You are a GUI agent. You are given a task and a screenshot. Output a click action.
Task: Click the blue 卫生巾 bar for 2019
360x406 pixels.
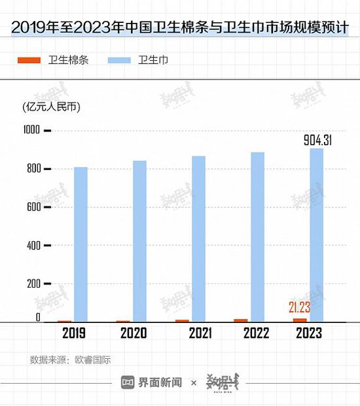click(x=81, y=245)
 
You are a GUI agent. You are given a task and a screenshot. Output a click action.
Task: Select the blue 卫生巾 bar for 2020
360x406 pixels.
click(x=139, y=241)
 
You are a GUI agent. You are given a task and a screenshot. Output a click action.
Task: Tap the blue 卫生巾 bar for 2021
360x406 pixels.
click(x=198, y=239)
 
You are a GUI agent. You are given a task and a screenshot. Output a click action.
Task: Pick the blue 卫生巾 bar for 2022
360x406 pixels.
click(x=257, y=237)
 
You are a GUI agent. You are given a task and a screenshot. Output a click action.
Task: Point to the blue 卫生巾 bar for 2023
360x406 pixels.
click(x=316, y=235)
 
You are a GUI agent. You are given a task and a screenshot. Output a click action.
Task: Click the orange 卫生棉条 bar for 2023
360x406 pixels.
click(x=300, y=320)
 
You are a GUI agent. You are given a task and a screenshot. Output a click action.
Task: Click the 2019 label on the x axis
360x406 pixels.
click(x=75, y=333)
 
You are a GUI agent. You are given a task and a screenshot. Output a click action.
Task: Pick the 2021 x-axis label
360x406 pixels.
click(x=200, y=333)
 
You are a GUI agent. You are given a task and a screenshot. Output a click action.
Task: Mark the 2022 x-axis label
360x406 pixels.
click(x=257, y=333)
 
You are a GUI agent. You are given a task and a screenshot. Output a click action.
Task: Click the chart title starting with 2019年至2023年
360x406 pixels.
click(x=179, y=27)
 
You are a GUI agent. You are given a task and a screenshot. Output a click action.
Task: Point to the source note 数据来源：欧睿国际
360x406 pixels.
click(x=70, y=359)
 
